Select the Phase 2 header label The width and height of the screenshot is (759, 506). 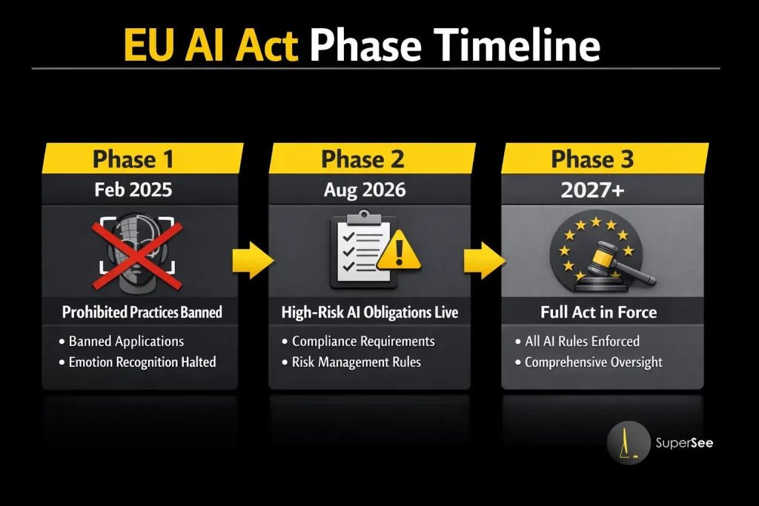[363, 159]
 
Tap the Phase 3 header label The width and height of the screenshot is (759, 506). [593, 159]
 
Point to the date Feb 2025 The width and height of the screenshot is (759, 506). [133, 190]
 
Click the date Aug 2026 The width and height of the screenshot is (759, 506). [365, 190]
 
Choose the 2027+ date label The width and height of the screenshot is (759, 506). [594, 190]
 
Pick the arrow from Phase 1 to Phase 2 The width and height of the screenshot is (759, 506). [252, 260]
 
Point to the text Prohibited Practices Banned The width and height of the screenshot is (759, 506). [142, 312]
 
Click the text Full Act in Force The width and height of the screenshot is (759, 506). [599, 312]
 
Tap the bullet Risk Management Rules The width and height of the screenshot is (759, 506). [357, 362]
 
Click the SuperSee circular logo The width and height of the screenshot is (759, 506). [629, 444]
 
